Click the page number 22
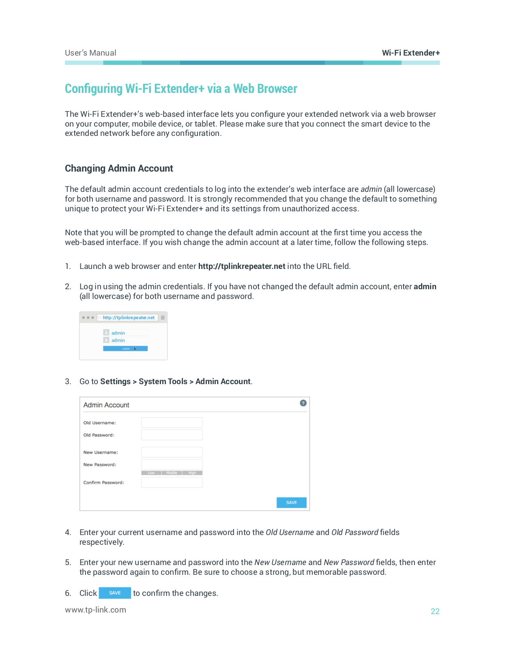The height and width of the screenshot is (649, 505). pos(435,611)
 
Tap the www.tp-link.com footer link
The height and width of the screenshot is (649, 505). pos(95,610)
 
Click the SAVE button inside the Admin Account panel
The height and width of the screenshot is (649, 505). pos(291,503)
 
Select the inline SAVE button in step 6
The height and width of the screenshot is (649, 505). pos(115,593)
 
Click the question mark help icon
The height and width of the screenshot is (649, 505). pos(303,403)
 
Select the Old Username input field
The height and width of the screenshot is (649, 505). pos(172,423)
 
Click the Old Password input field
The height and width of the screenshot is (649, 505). pos(172,435)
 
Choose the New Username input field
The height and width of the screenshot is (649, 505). pos(172,452)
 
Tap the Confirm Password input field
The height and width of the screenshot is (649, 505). pos(172,482)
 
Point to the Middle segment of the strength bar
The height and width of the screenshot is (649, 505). pos(172,473)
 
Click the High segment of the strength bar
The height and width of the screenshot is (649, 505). pos(192,473)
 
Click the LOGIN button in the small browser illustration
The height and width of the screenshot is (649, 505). pos(125,348)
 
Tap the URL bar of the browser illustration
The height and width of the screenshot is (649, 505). pos(128,318)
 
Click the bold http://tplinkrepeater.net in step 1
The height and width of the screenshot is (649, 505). pos(242,266)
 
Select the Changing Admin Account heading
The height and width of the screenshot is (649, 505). pos(119,168)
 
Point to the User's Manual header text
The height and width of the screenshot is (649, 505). pos(90,53)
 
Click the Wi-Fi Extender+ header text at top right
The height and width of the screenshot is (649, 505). pos(410,53)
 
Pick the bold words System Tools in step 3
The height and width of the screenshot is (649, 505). pos(163,381)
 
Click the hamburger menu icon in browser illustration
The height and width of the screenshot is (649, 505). pos(163,318)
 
